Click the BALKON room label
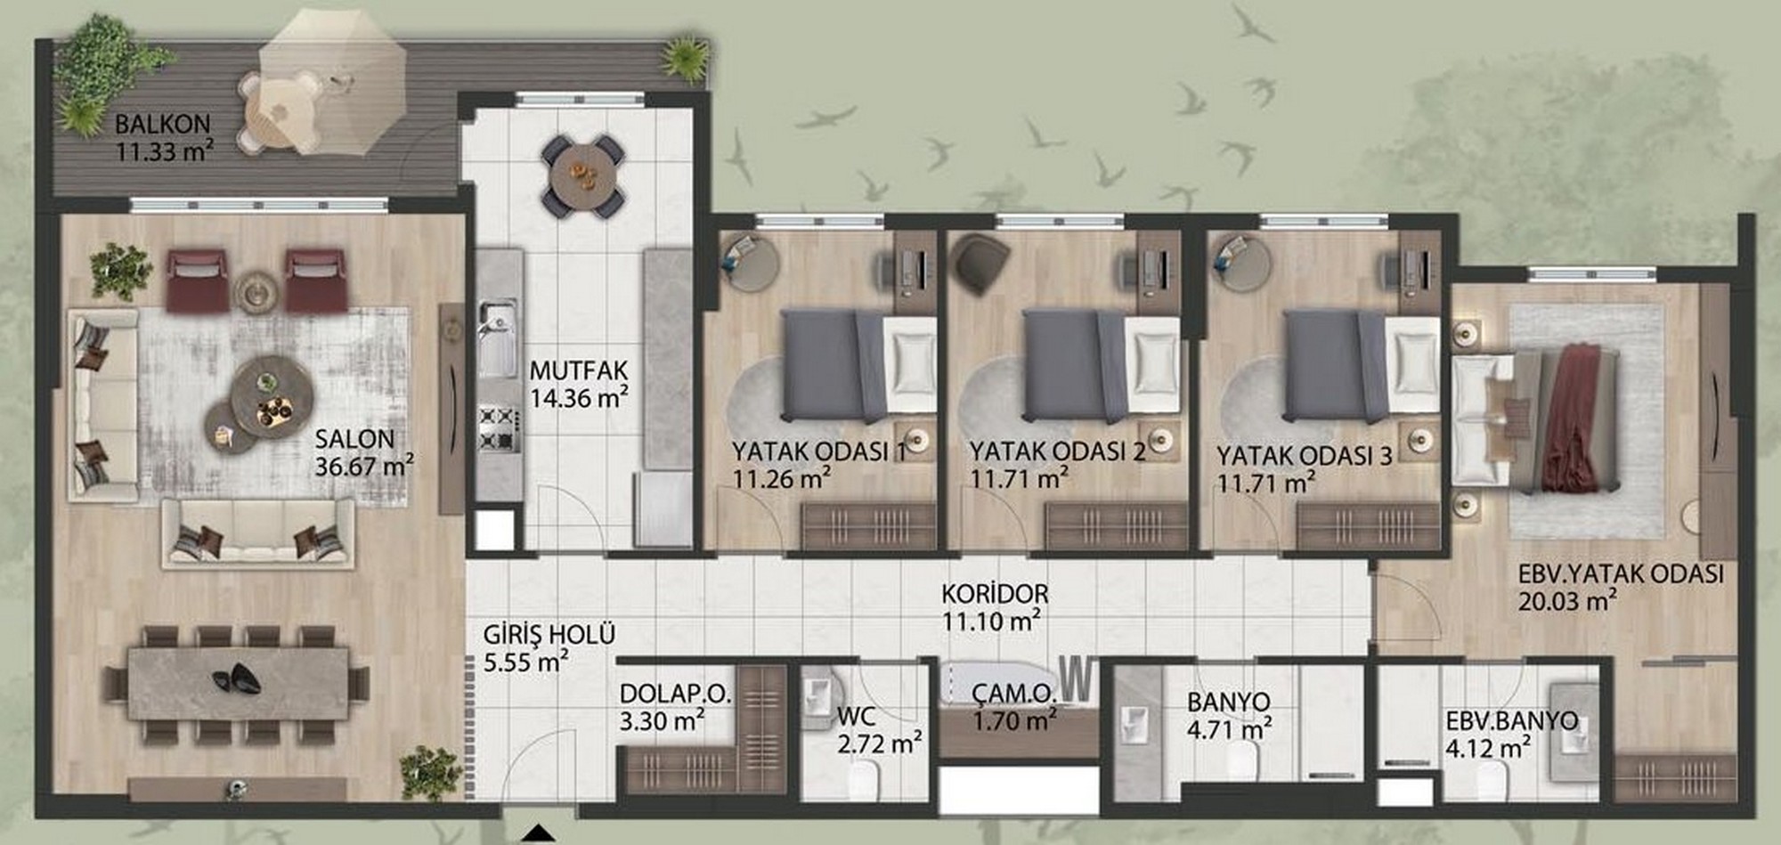pyautogui.click(x=162, y=124)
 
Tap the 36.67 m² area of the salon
pyautogui.click(x=364, y=465)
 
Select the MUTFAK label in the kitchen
pyautogui.click(x=579, y=370)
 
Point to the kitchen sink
pyautogui.click(x=497, y=338)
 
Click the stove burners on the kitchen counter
pyautogui.click(x=497, y=428)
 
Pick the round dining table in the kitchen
pyautogui.click(x=583, y=177)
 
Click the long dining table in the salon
pyautogui.click(x=238, y=683)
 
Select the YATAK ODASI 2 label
pyautogui.click(x=1057, y=451)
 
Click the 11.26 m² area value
pyautogui.click(x=781, y=478)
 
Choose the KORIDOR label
pyautogui.click(x=995, y=593)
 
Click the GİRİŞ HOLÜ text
pyautogui.click(x=549, y=635)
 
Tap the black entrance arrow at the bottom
pyautogui.click(x=536, y=834)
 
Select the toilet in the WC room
pyautogui.click(x=863, y=780)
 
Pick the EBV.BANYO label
pyautogui.click(x=1511, y=720)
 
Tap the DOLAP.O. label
pyautogui.click(x=675, y=694)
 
